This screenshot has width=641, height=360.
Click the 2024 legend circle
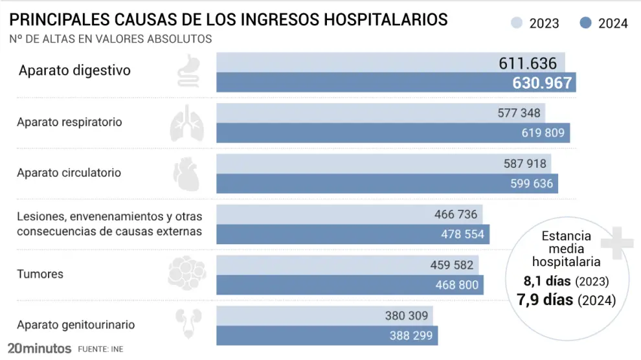click(586, 23)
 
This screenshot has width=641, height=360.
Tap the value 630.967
click(542, 83)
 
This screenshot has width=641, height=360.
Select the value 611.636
click(528, 63)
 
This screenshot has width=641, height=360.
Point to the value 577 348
click(519, 113)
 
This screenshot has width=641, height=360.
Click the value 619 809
click(543, 133)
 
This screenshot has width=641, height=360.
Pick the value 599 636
click(532, 183)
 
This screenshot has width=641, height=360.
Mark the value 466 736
click(455, 214)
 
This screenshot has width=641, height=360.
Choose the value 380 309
click(405, 316)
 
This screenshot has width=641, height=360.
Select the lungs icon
click(186, 123)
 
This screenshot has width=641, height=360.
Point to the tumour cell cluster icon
click(186, 273)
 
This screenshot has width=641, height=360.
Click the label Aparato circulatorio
click(69, 173)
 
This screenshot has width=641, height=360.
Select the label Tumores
click(40, 274)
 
